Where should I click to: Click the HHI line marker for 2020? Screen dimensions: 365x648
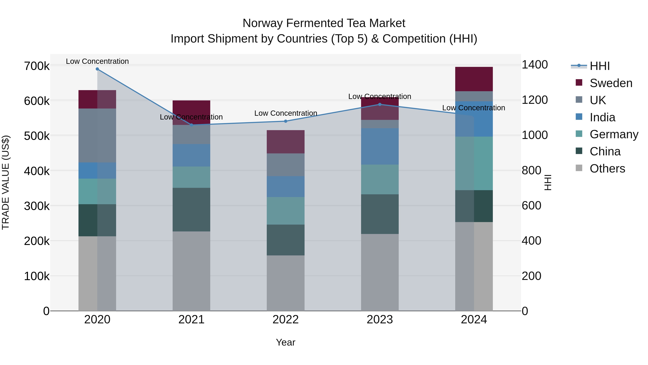point(97,69)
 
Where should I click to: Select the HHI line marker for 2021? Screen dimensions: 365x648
point(192,125)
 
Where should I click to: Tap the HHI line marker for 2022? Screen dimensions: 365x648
point(285,121)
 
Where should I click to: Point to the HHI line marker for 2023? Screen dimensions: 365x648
point(380,104)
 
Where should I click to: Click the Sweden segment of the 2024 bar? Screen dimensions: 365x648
point(474,79)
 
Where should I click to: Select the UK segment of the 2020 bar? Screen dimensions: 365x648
point(97,136)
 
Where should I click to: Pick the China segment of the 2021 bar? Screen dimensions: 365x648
point(192,210)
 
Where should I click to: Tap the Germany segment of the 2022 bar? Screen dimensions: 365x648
point(285,211)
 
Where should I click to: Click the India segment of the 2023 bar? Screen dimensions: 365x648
point(380,146)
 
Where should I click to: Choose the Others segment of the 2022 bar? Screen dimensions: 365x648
point(285,283)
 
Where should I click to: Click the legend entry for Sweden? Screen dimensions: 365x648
point(611,83)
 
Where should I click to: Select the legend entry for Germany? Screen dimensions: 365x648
point(614,134)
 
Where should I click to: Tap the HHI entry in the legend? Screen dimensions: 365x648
point(599,66)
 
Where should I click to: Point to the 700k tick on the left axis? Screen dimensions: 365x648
point(37,66)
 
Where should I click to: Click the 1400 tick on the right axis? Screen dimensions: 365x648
point(535,65)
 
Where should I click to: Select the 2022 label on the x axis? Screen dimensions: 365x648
point(285,320)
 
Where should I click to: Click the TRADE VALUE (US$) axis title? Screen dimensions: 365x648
point(6,182)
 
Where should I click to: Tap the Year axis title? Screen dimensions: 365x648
point(285,342)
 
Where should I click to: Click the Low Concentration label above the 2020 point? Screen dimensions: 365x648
point(97,61)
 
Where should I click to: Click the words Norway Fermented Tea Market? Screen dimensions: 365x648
point(324,23)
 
